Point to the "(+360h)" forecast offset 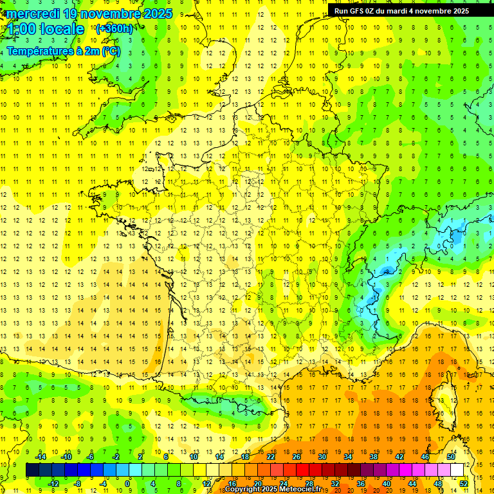coord(114,29)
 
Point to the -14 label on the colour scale coord(41,457)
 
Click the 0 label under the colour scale coord(127,484)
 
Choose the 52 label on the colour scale coord(463,484)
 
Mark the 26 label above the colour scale coord(296,457)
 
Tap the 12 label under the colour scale coord(205,484)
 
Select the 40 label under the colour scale coord(386,484)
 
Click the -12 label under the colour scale coord(53,484)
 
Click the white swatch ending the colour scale coord(457,470)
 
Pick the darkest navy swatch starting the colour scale coord(32,470)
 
